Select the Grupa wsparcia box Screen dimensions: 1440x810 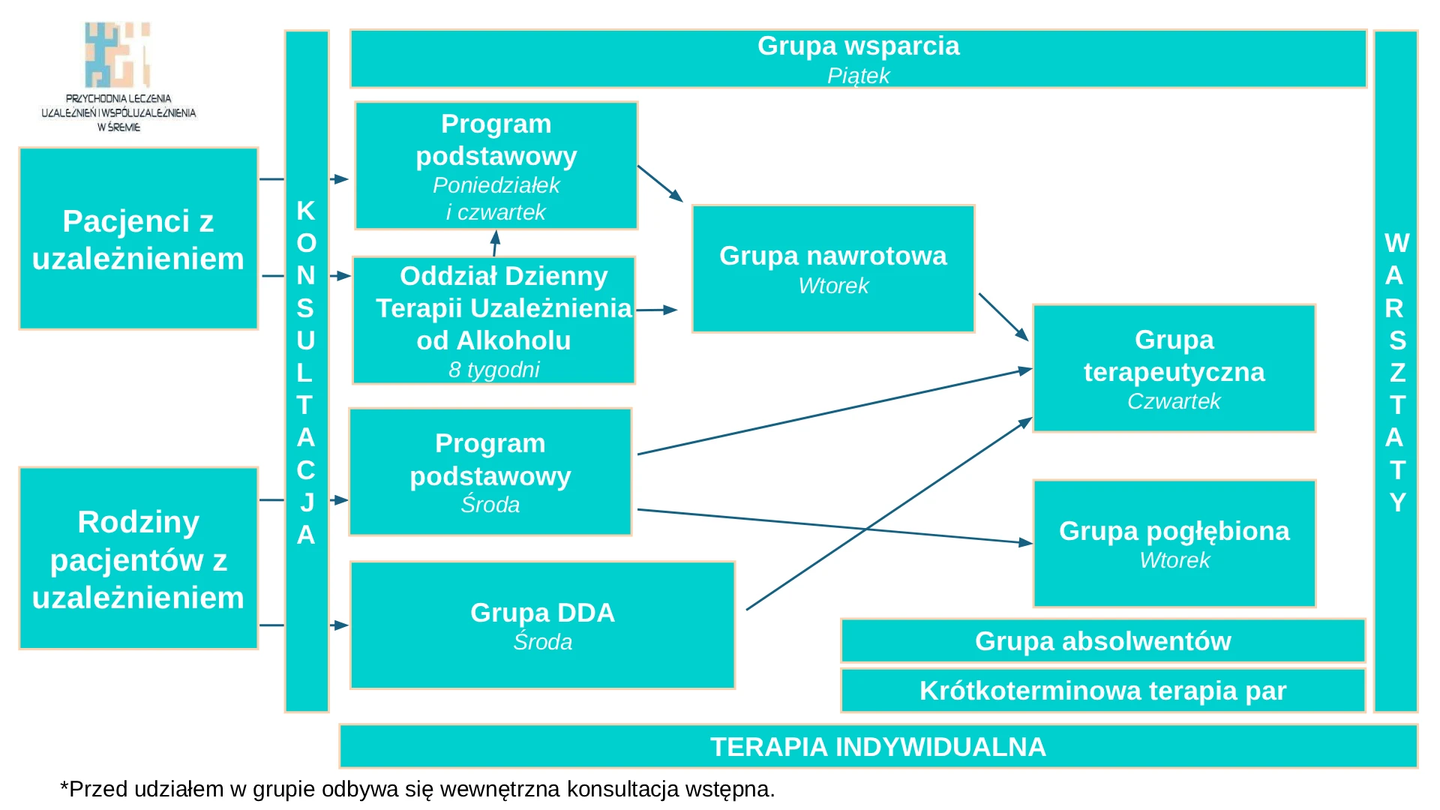point(858,58)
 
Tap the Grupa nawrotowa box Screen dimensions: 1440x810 point(833,268)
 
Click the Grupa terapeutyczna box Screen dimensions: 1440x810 point(1174,368)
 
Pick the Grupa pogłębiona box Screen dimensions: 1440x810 point(1174,544)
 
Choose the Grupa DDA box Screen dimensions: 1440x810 point(542,625)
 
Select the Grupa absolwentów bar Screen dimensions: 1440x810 point(1102,641)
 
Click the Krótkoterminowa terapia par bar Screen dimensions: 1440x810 point(1102,690)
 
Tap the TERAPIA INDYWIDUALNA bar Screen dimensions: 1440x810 point(878,746)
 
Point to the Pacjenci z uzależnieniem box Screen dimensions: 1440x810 point(139,238)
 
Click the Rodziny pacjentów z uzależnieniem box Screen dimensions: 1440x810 point(139,559)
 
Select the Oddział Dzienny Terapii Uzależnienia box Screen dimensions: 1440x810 point(494,320)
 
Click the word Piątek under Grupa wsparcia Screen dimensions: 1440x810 point(858,76)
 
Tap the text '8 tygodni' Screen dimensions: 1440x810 point(494,370)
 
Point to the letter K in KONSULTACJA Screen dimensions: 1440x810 point(305,211)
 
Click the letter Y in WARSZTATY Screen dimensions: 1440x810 point(1396,502)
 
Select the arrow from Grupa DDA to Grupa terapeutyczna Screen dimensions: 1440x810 point(889,514)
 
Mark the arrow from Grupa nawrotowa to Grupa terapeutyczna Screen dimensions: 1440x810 point(1003,317)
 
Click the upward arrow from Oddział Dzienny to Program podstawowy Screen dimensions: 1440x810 point(495,243)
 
